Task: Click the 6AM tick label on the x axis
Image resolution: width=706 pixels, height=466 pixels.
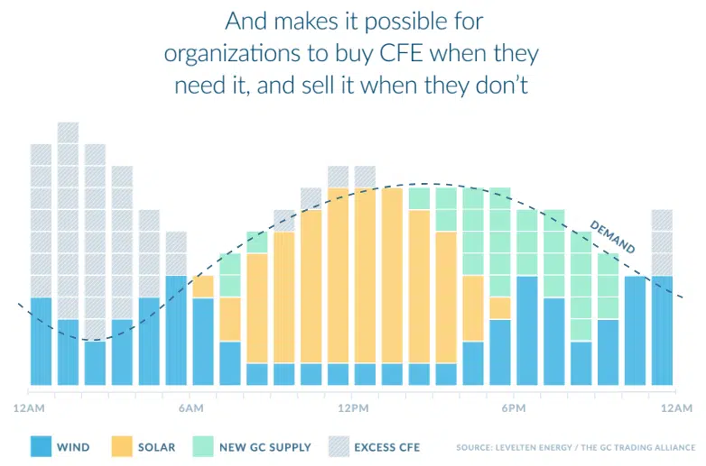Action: pyautogui.click(x=190, y=408)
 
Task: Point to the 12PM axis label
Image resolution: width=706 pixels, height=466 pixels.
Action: pyautogui.click(x=352, y=408)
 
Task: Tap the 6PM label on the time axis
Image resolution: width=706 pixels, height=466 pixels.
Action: pyautogui.click(x=514, y=408)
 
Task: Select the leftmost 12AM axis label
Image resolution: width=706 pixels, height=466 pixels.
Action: pyautogui.click(x=29, y=408)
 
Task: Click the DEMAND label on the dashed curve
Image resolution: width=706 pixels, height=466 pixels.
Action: pyautogui.click(x=612, y=236)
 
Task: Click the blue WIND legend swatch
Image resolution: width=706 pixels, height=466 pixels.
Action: pyautogui.click(x=39, y=446)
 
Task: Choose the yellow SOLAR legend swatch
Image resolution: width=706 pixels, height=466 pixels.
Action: pyautogui.click(x=123, y=446)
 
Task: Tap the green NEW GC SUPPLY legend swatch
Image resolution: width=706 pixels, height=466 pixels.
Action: pyautogui.click(x=206, y=446)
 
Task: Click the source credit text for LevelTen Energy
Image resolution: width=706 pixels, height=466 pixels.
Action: pyautogui.click(x=575, y=446)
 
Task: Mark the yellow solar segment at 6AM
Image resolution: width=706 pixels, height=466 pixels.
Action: pyautogui.click(x=203, y=287)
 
